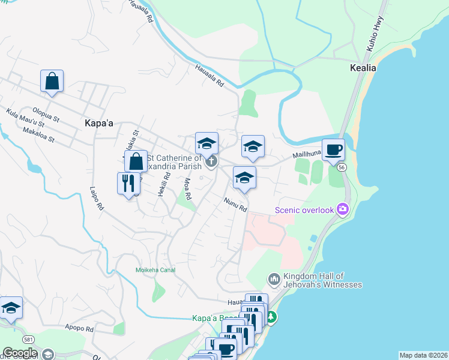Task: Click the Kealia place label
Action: (x=363, y=68)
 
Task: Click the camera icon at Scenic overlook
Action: (x=343, y=209)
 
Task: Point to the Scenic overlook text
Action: (x=304, y=210)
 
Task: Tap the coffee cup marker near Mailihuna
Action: (x=333, y=150)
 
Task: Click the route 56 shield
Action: (x=342, y=168)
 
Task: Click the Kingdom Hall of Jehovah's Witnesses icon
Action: (x=274, y=279)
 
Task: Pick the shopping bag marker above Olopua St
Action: (x=52, y=81)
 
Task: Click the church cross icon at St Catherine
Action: (x=211, y=161)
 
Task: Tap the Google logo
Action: (x=19, y=353)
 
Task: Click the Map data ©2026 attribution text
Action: (x=423, y=355)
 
